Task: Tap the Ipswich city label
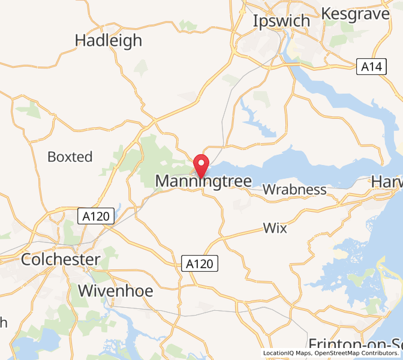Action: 281,21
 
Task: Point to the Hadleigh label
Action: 109,40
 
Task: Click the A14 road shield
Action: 371,67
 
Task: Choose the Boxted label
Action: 70,157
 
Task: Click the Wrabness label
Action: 294,190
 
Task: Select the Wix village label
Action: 275,228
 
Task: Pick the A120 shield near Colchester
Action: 97,216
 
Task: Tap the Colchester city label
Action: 60,260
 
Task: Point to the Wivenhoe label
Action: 116,292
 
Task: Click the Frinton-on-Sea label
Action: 354,344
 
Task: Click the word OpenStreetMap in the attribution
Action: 342,353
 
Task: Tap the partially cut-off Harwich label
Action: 387,181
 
